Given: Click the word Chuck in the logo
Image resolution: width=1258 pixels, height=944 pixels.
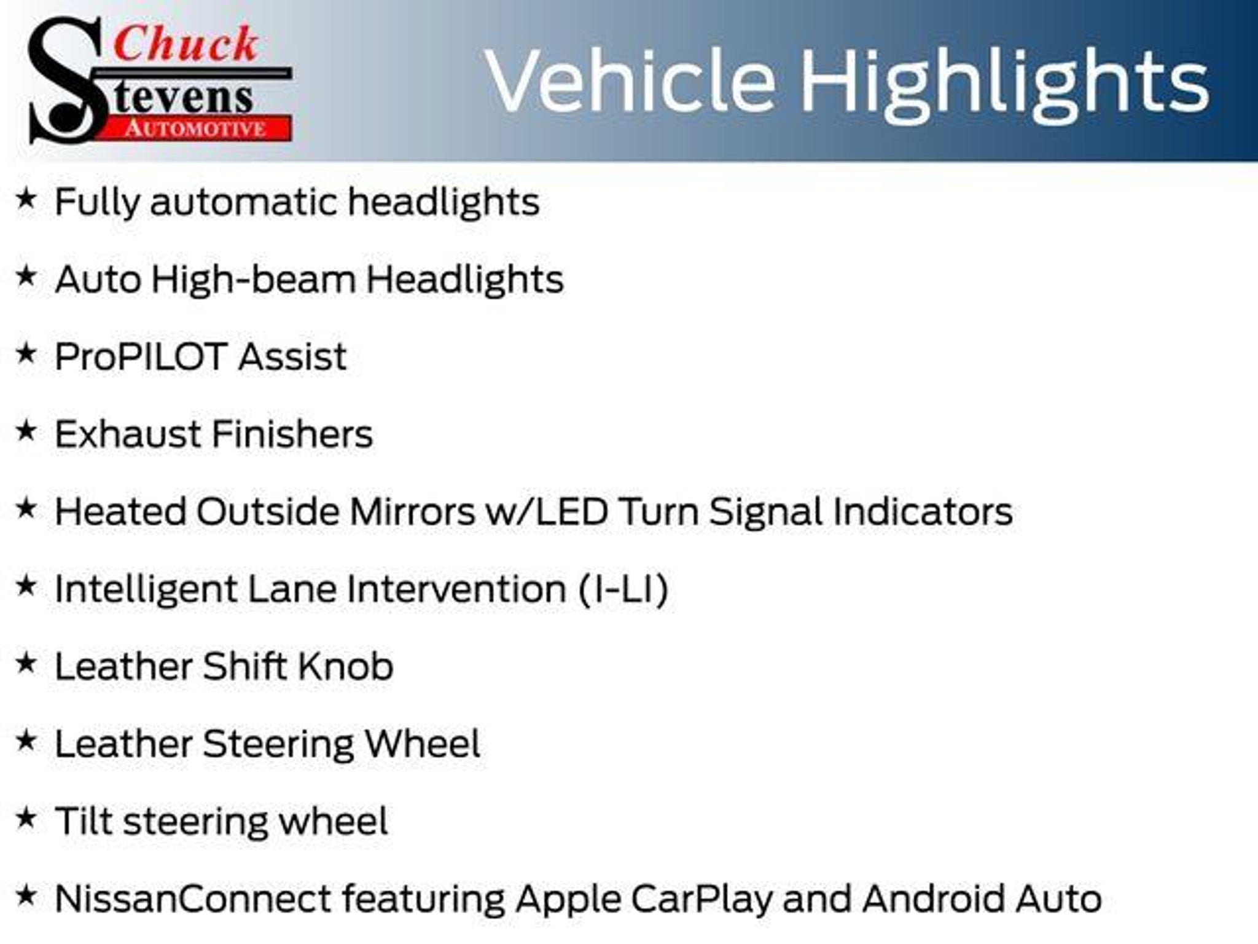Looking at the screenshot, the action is tap(186, 44).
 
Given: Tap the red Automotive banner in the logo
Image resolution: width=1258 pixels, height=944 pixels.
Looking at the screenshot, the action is tap(195, 128).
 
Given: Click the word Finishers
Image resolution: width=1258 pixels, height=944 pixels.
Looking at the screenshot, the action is tap(292, 434).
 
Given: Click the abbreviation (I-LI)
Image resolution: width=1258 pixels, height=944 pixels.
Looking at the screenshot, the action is tap(623, 589).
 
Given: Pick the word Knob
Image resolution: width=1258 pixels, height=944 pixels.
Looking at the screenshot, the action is tap(345, 666).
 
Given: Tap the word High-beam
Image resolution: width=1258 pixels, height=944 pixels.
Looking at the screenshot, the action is tap(254, 280).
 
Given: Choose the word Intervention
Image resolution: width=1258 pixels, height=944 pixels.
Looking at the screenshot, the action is tap(456, 589).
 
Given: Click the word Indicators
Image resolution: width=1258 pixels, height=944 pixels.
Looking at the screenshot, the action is tap(923, 511).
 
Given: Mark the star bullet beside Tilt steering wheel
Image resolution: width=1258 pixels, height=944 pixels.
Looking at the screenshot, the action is tap(26, 817).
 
